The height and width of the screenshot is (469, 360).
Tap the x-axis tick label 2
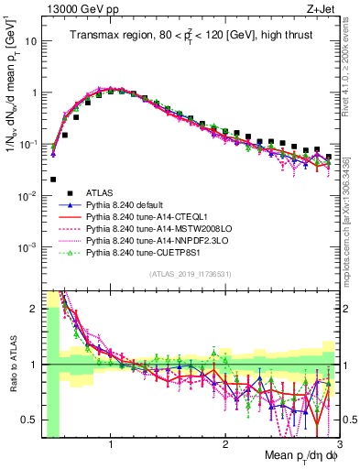[x=225, y=444]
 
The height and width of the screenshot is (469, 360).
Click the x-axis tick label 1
[x=111, y=444]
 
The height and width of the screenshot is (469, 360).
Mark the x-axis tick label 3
[x=338, y=444]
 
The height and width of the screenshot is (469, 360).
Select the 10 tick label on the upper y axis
[x=32, y=42]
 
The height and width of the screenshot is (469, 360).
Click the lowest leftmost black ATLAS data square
[x=54, y=180]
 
